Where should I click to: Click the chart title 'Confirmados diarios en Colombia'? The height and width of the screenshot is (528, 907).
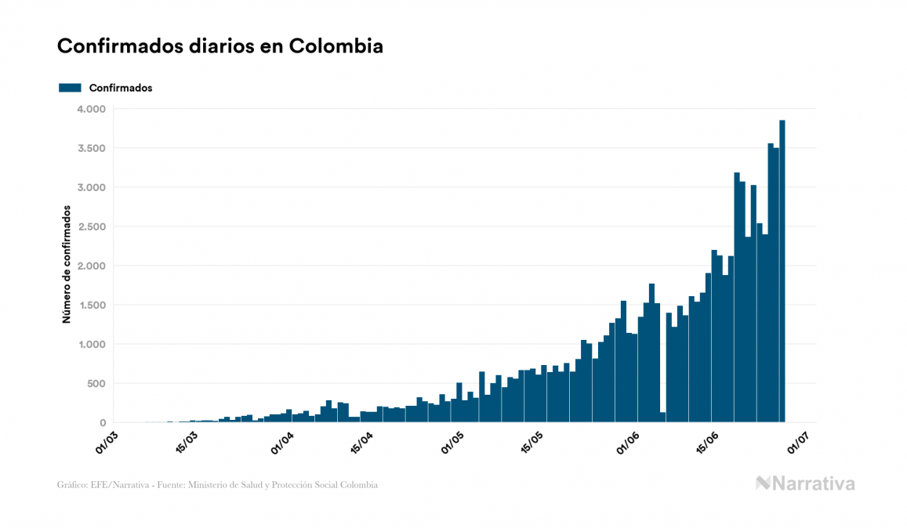click(x=220, y=46)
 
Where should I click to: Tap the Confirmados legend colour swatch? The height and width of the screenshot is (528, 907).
click(x=70, y=88)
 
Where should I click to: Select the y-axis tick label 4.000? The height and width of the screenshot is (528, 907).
click(x=93, y=109)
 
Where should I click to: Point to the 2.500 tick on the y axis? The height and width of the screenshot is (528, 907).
click(x=93, y=226)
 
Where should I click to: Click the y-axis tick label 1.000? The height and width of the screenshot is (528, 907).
click(x=93, y=344)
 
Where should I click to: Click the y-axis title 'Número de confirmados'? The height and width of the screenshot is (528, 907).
click(x=67, y=265)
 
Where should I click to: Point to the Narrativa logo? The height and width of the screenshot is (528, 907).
click(x=805, y=483)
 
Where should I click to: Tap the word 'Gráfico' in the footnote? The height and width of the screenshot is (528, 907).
click(x=72, y=485)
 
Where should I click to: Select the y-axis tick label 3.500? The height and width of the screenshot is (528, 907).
click(x=93, y=148)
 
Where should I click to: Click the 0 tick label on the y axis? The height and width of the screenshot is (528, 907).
click(x=103, y=422)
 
